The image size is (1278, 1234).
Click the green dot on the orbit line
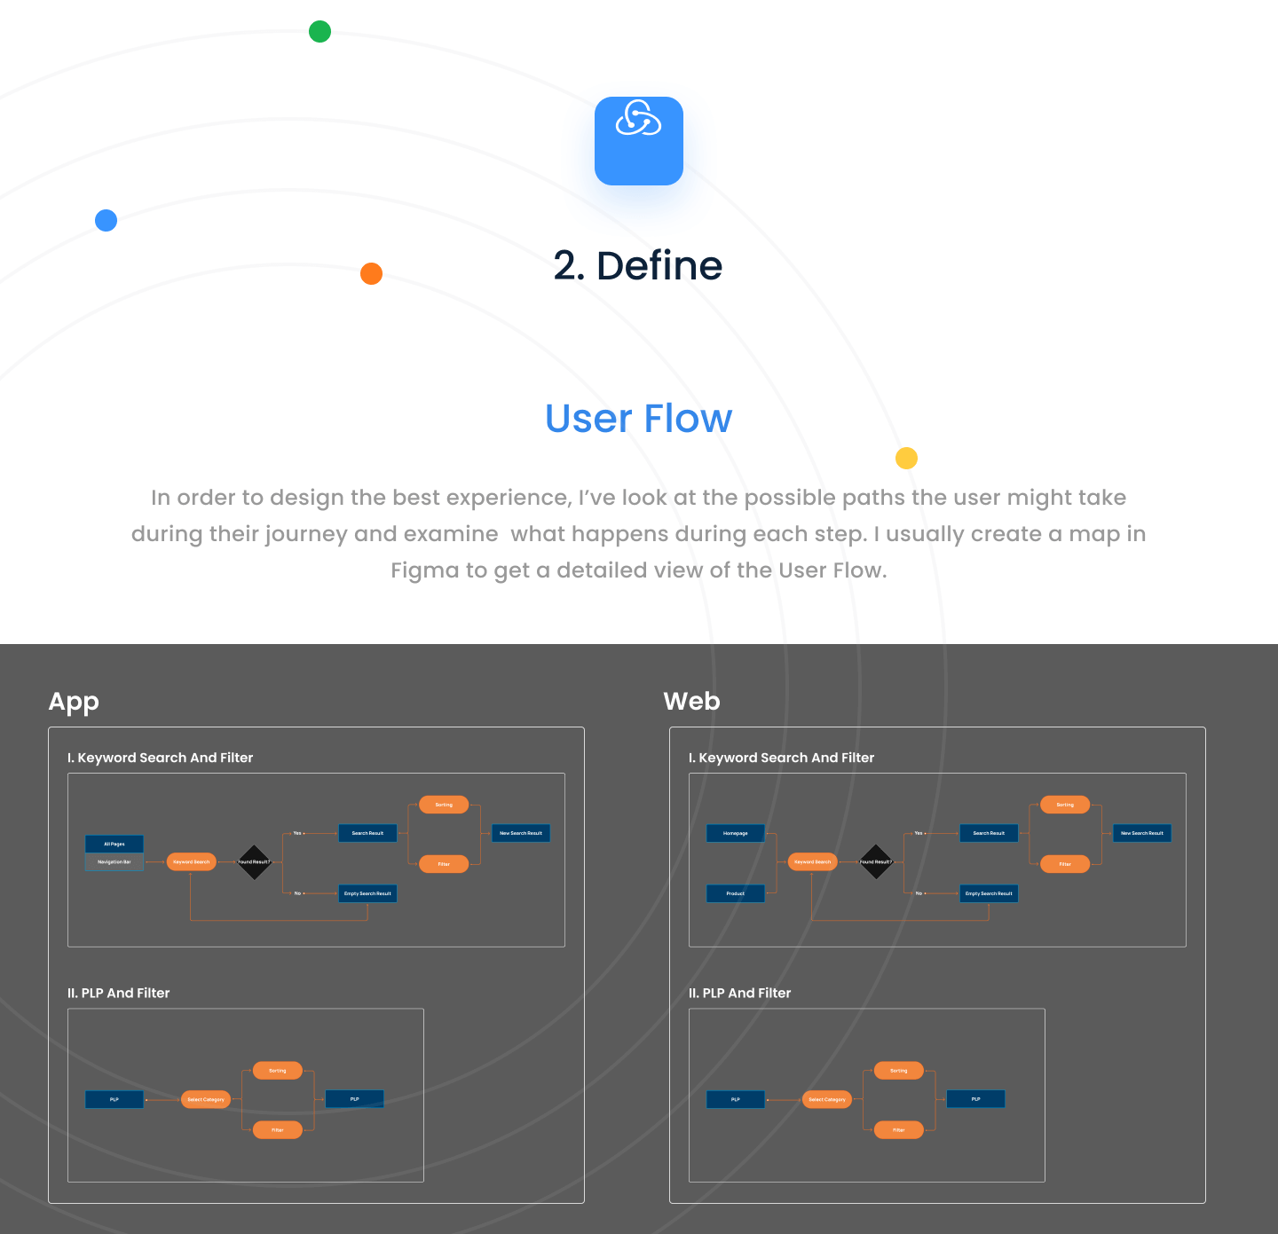pos(319,32)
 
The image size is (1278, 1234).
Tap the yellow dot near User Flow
pos(906,458)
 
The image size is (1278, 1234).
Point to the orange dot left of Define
pos(371,273)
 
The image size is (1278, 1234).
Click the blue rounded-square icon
pos(639,141)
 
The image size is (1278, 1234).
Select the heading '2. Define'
pos(638,265)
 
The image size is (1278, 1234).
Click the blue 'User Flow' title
pos(639,419)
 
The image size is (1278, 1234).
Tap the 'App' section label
pos(74,702)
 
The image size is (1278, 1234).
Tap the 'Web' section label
pos(692,702)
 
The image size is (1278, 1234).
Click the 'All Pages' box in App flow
pos(114,844)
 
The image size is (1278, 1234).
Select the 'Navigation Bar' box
pos(114,862)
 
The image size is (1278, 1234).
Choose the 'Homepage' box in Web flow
pos(736,833)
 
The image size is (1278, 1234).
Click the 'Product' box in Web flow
pos(736,893)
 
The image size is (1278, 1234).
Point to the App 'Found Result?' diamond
pos(254,862)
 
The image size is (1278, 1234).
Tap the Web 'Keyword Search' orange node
pos(813,862)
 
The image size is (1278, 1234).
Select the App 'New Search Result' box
pos(521,833)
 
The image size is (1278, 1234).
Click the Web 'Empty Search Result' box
pos(989,893)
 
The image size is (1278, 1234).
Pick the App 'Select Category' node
pos(206,1099)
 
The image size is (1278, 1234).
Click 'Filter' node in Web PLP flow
pos(899,1130)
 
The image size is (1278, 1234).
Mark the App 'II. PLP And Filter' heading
pos(119,994)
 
